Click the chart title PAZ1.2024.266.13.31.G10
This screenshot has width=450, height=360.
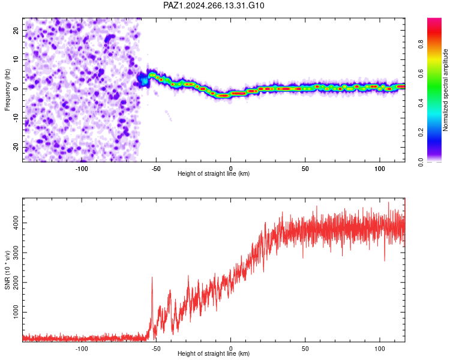214,5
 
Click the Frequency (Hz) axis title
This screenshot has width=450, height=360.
7,90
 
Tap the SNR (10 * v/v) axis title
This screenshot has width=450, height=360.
7,270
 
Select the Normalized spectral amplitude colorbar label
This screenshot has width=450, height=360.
445,90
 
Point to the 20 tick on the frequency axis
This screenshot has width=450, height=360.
16,30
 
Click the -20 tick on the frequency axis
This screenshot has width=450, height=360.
16,147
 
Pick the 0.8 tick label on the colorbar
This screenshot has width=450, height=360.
421,44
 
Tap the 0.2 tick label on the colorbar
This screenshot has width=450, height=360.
421,133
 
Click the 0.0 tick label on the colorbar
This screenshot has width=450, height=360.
421,162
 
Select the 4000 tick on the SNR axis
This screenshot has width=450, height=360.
16,223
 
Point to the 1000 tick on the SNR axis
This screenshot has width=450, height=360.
16,312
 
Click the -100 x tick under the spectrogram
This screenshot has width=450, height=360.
82,169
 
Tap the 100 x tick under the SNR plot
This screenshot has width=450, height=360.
379,349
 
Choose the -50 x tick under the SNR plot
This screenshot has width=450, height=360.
156,349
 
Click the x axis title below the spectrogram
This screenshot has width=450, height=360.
214,173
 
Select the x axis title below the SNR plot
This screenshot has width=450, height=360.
214,353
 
